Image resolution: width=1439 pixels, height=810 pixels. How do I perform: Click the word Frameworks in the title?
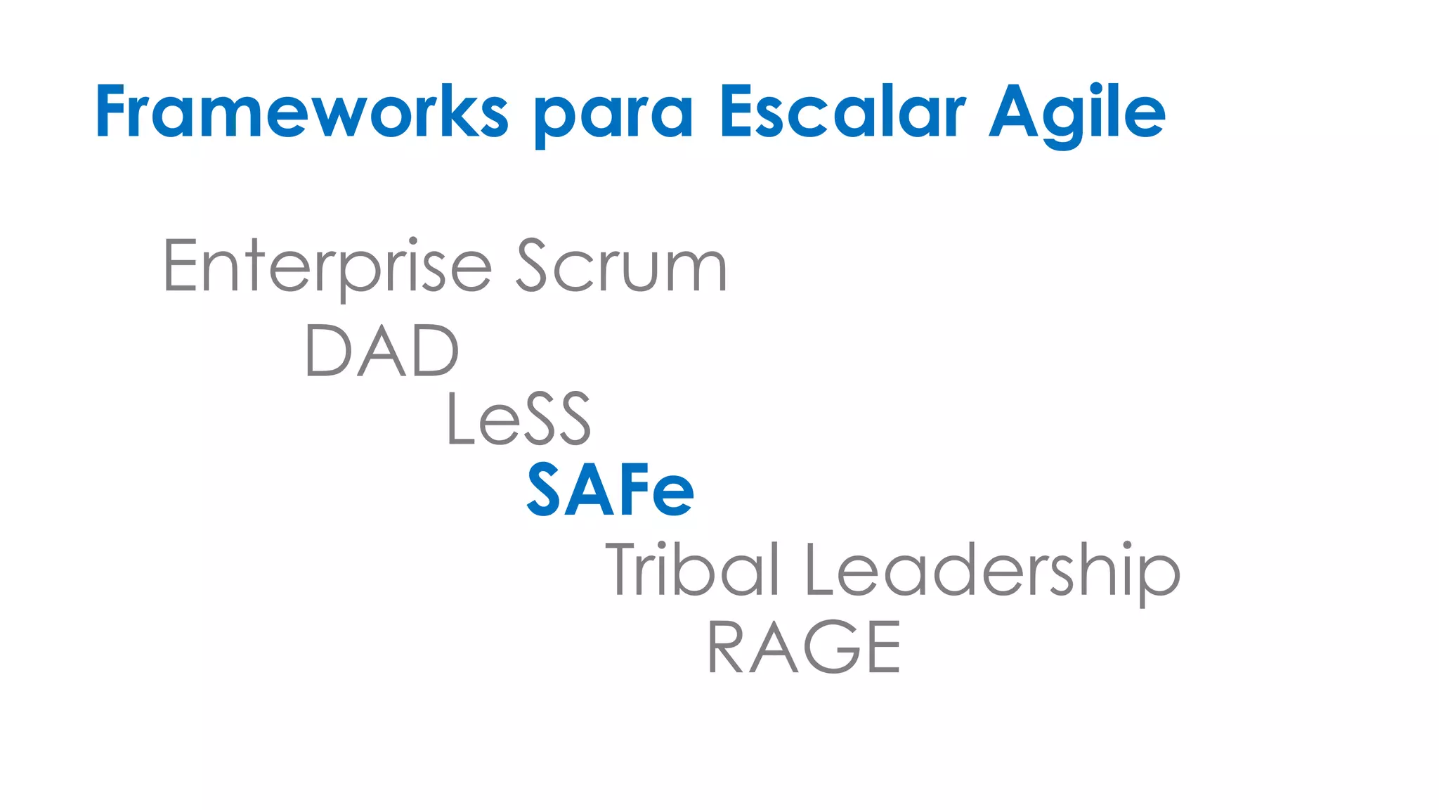pyautogui.click(x=301, y=112)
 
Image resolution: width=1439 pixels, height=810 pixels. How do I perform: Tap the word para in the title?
pyautogui.click(x=613, y=116)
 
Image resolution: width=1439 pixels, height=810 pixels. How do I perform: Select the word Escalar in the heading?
pyautogui.click(x=842, y=112)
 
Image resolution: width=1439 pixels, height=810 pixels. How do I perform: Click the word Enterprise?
pyautogui.click(x=327, y=267)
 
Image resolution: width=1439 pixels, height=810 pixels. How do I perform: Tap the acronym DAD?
pyautogui.click(x=382, y=350)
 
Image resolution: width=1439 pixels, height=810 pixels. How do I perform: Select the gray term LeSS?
pyautogui.click(x=519, y=419)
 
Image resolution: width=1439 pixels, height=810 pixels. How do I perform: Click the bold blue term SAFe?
pyautogui.click(x=610, y=490)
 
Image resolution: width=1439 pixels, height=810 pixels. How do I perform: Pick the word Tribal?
pyautogui.click(x=692, y=569)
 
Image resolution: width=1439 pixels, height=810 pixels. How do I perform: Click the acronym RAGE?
pyautogui.click(x=804, y=648)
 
